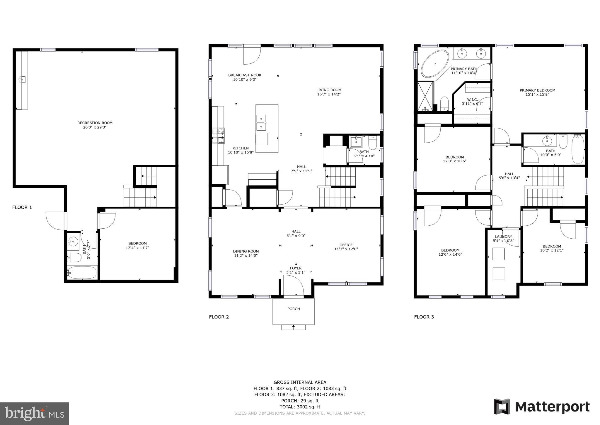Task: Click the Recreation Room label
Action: tap(95, 123)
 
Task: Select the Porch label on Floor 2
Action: tap(294, 309)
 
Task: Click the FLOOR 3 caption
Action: tap(424, 317)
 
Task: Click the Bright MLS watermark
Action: tap(34, 414)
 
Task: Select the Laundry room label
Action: tap(503, 237)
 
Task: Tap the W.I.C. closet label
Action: tap(472, 100)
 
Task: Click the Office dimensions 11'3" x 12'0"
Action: tap(346, 249)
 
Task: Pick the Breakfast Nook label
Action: tap(245, 75)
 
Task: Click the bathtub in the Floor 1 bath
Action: tap(82, 273)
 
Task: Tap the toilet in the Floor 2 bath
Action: tap(372, 143)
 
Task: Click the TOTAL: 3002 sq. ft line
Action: tap(300, 407)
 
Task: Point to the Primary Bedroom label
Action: tap(537, 90)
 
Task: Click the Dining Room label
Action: tap(246, 251)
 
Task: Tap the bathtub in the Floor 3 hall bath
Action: tap(577, 149)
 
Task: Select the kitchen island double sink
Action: tap(261, 123)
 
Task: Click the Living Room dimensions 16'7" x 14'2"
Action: tap(329, 95)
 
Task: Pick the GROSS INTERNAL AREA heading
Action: tap(300, 382)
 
